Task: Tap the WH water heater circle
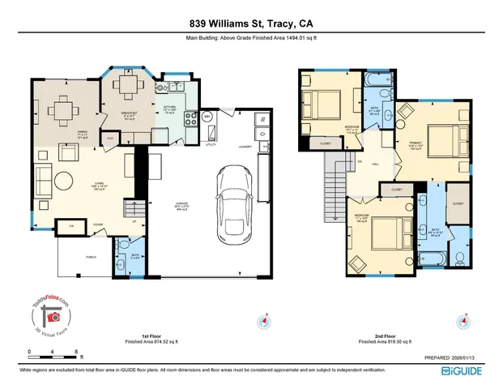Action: coord(207,118)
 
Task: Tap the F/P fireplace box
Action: coord(70,226)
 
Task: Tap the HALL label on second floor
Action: coord(376,163)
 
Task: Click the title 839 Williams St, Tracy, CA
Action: coord(251,24)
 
